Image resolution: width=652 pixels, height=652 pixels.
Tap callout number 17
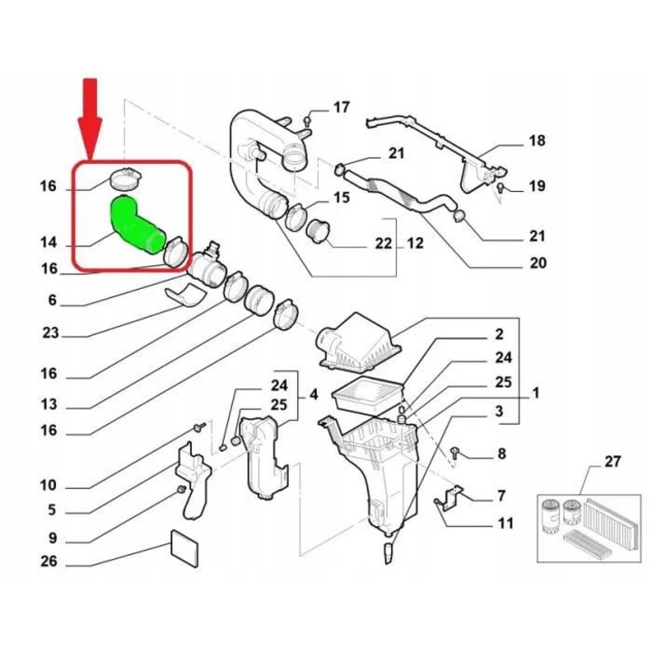coord(341,107)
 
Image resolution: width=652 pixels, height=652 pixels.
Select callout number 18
coord(537,140)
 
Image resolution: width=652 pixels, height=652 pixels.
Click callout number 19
coord(537,186)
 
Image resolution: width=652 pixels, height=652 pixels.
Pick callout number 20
coord(538,263)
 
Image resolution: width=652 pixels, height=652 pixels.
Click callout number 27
coord(612,461)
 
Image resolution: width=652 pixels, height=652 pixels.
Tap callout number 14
coord(49,242)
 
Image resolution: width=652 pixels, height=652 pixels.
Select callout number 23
coord(51,333)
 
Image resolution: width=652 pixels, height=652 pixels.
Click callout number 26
coord(49,561)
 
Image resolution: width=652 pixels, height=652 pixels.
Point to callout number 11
coord(505,523)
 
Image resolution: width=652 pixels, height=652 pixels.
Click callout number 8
coord(502,454)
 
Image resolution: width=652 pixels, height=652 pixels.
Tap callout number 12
coord(415,243)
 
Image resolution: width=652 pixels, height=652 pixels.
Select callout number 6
coord(52,300)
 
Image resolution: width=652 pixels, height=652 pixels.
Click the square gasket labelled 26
coord(185,548)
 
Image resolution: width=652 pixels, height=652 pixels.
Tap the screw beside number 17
coord(307,121)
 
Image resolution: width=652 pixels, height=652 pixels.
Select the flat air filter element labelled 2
coord(368,395)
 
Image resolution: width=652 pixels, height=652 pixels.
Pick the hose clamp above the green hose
coord(125,178)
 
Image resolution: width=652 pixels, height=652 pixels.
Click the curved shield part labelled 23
coord(186,295)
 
